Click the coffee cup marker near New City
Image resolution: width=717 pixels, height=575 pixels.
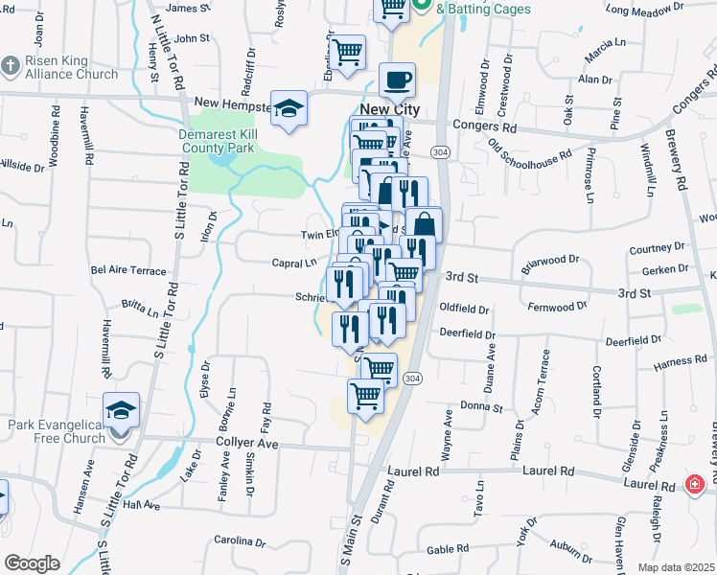[397, 80]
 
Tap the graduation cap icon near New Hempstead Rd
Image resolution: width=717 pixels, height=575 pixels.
[288, 109]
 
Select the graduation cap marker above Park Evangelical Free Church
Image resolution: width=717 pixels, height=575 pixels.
[122, 410]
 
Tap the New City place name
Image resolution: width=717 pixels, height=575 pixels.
[390, 110]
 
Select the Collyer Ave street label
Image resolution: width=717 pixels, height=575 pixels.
[244, 445]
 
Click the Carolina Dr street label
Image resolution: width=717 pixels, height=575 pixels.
[239, 541]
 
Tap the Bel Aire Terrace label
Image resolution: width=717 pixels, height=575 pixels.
[128, 271]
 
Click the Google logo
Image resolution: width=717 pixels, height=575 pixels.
[32, 563]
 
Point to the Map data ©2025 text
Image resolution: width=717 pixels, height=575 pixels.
[676, 567]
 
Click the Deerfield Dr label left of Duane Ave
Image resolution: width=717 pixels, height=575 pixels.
[464, 334]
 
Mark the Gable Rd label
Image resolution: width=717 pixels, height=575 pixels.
[447, 549]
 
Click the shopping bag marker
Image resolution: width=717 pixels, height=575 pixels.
[423, 227]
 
